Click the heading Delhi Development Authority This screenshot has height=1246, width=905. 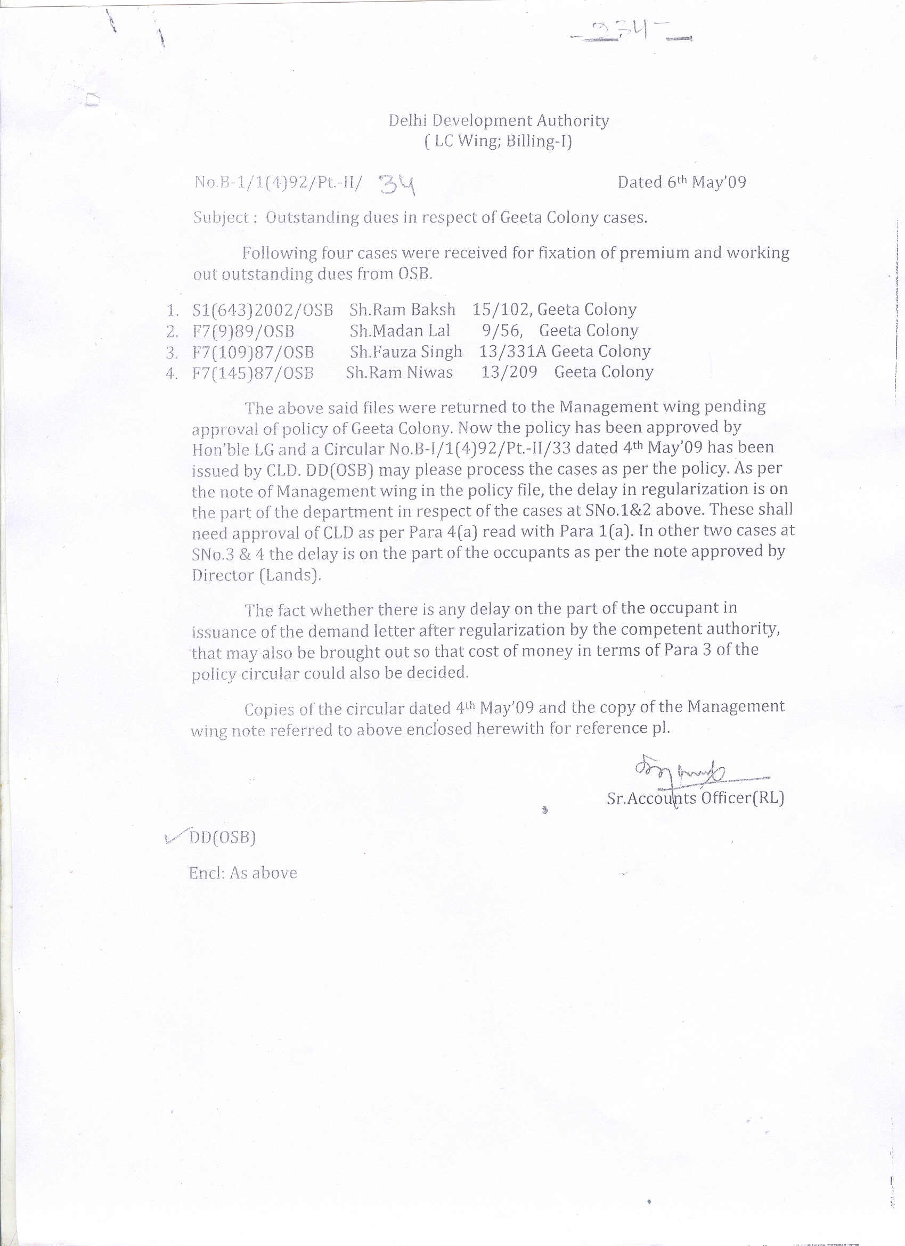click(x=499, y=121)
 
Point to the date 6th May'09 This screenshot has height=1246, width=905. click(x=681, y=182)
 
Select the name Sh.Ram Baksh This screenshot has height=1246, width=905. click(x=402, y=310)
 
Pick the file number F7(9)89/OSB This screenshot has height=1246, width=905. click(x=243, y=331)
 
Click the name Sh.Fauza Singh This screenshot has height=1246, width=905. click(x=406, y=352)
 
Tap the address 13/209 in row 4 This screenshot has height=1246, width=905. click(x=509, y=372)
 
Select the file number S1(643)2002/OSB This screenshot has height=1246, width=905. click(x=263, y=311)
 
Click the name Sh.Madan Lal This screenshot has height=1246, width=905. click(x=399, y=331)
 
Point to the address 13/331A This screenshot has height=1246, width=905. click(x=512, y=352)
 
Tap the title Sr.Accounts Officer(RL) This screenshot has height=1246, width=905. click(x=695, y=798)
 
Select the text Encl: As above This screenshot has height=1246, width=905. click(x=243, y=873)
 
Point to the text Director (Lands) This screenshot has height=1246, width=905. click(x=256, y=575)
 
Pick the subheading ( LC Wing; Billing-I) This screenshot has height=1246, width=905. click(x=498, y=142)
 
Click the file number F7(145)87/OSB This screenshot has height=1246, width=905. click(x=253, y=373)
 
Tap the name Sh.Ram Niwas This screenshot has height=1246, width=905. click(x=399, y=372)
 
